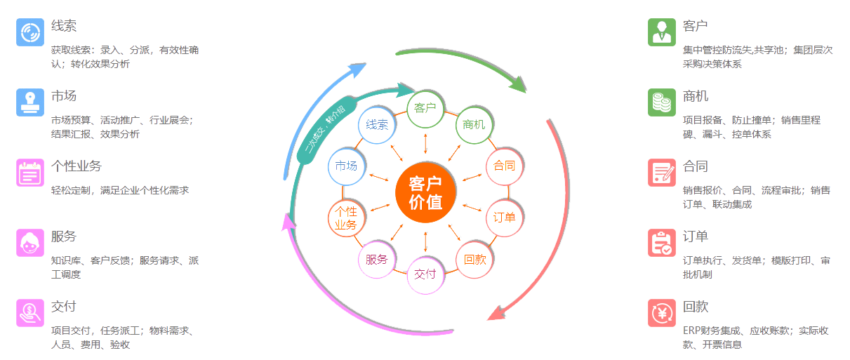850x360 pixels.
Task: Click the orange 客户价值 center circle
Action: click(x=425, y=192)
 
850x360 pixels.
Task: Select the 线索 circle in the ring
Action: click(x=377, y=125)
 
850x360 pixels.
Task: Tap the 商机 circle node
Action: click(x=474, y=125)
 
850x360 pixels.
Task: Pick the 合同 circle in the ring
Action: click(x=504, y=166)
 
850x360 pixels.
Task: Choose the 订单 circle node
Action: click(x=504, y=218)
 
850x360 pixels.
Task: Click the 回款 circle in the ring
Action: click(x=474, y=260)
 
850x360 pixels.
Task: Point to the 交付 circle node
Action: click(x=425, y=274)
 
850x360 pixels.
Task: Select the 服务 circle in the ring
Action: click(x=377, y=260)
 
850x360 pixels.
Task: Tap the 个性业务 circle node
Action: click(x=347, y=218)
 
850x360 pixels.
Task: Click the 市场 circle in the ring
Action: click(x=347, y=166)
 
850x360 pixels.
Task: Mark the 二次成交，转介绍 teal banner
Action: click(x=326, y=130)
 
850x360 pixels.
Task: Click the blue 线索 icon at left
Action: click(x=30, y=32)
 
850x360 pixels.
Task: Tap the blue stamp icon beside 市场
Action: click(x=30, y=102)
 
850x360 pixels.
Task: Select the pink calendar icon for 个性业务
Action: click(x=30, y=173)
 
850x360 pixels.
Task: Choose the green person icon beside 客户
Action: click(x=662, y=32)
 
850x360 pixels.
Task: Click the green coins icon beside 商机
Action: click(x=662, y=102)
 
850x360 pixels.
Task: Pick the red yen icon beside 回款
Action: click(x=662, y=313)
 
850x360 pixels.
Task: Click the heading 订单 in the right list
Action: click(x=695, y=236)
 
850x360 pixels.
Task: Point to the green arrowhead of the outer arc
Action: click(x=518, y=84)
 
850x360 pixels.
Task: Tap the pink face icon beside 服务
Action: click(x=30, y=243)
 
